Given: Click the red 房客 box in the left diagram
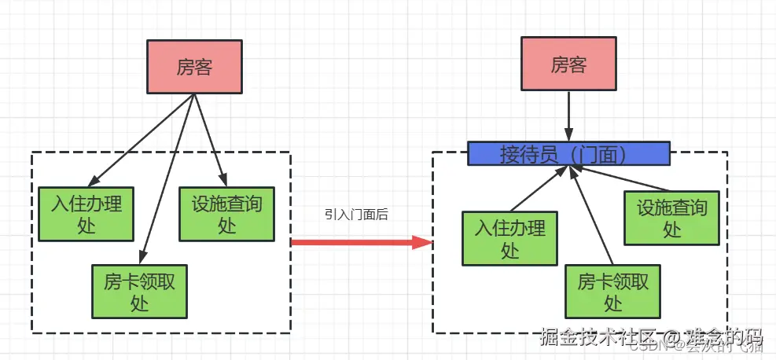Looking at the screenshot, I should (194, 68).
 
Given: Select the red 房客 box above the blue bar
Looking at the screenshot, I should (568, 64).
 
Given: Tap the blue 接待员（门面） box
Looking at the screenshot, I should (568, 154).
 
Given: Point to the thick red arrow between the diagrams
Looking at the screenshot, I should (354, 243).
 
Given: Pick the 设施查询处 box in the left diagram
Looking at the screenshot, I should (226, 214).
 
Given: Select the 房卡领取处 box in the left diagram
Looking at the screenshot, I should (139, 292).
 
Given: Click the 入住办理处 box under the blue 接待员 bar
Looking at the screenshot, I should (510, 238).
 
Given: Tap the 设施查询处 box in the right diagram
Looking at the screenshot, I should (671, 217).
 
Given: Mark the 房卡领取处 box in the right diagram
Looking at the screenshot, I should (613, 292).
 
